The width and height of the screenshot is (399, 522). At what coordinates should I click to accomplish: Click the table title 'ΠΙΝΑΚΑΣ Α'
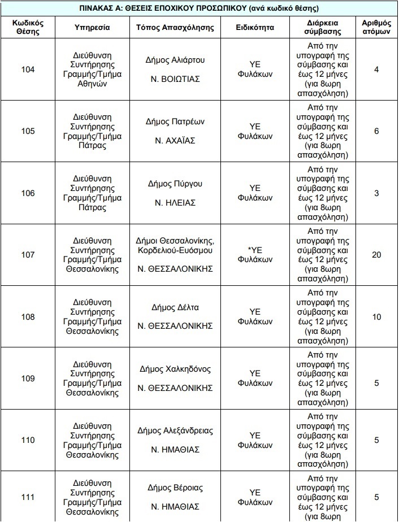click(199, 10)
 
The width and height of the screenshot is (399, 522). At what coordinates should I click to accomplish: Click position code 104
click(28, 69)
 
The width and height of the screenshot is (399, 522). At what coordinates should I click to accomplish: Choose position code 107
click(28, 255)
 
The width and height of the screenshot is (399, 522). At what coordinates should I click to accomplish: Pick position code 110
click(28, 440)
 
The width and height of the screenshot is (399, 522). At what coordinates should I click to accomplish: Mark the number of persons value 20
click(376, 255)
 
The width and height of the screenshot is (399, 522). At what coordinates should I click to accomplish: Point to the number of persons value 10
click(376, 317)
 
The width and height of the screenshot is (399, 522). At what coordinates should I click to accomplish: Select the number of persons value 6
click(376, 131)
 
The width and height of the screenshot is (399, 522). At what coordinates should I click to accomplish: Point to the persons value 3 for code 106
click(376, 193)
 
